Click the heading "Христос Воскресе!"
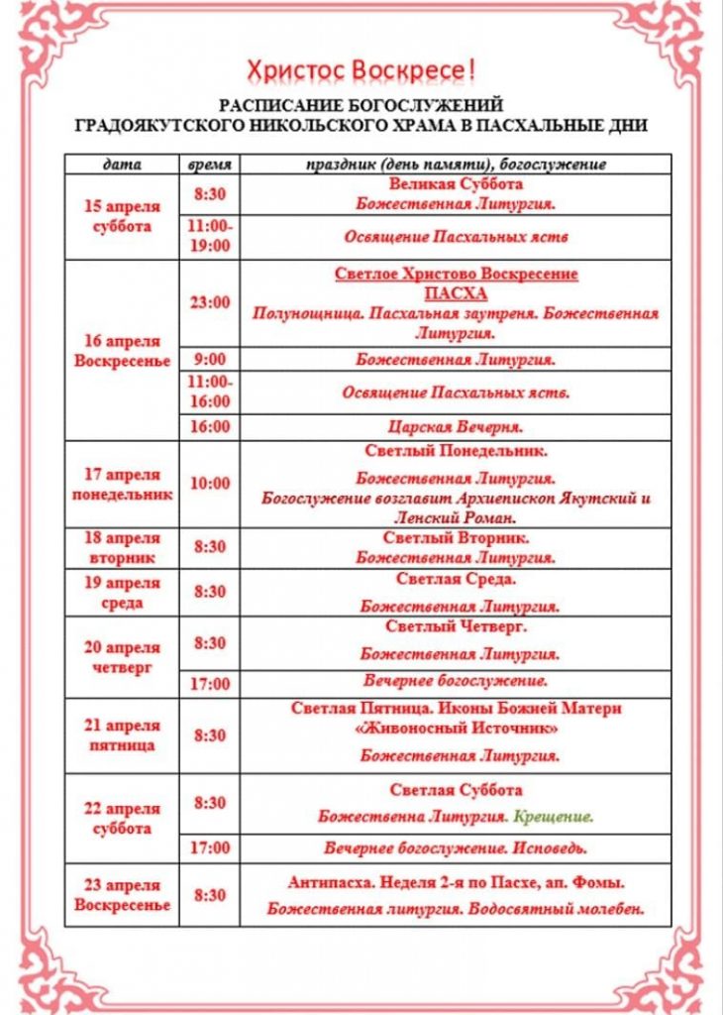[361, 70]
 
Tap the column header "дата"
[122, 164]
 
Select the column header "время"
[210, 164]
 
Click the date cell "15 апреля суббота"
[122, 216]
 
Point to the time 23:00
[210, 302]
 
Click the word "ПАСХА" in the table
[456, 294]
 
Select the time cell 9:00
[210, 359]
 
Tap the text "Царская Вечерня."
[456, 427]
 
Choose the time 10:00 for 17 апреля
[210, 484]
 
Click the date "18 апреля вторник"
[122, 547]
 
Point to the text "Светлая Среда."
[456, 579]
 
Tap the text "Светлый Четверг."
[456, 626]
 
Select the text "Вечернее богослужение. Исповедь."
[456, 848]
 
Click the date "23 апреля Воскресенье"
[122, 895]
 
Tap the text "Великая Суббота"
[456, 184]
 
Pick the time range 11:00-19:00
[210, 236]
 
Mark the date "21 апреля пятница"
[122, 735]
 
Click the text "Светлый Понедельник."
[456, 451]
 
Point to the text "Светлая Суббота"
[456, 790]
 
